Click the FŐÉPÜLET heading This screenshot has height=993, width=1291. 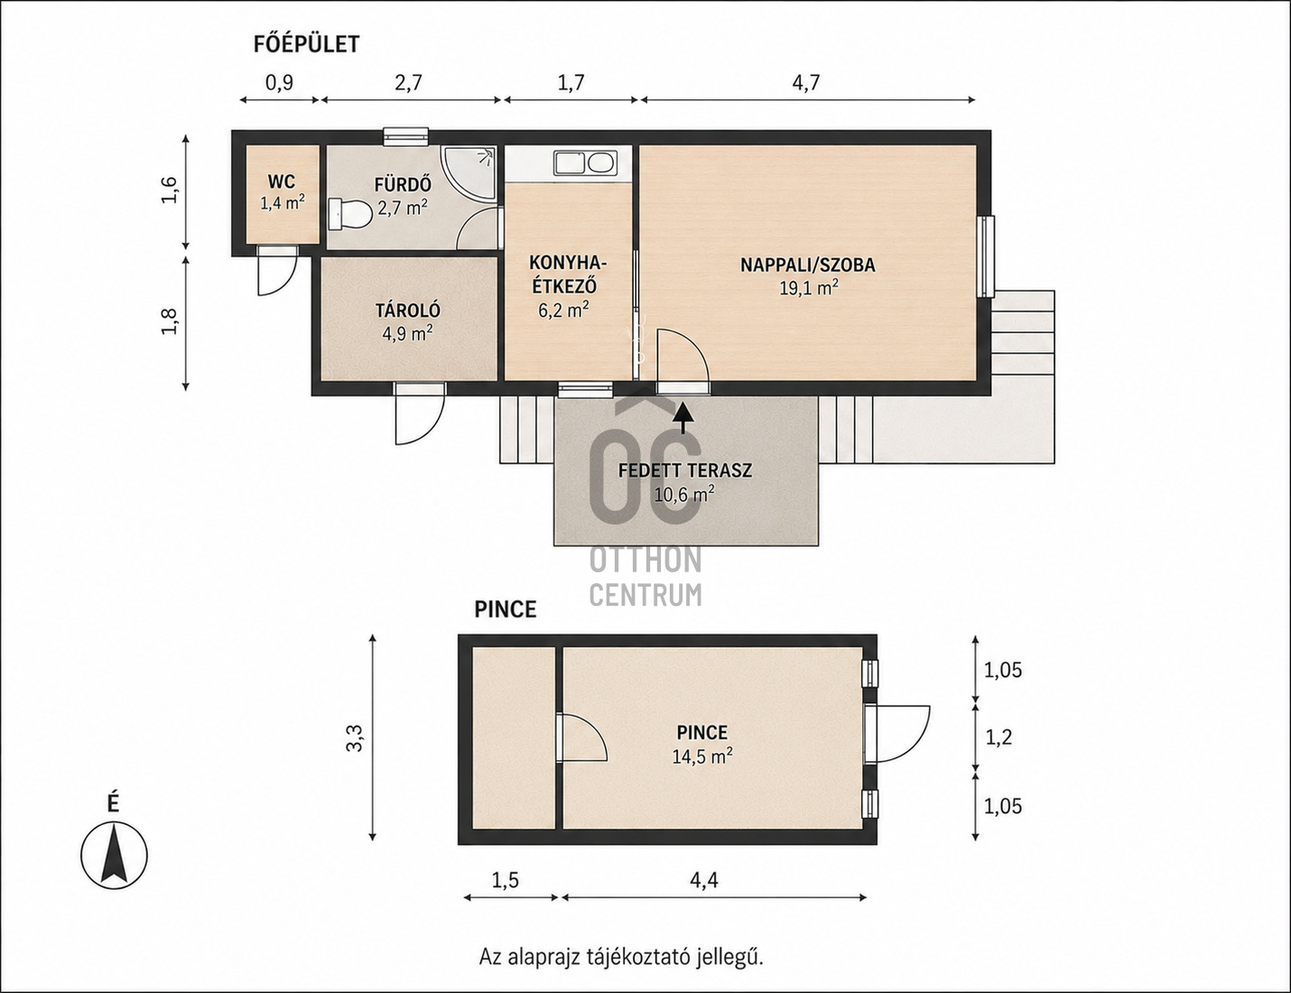pos(307,44)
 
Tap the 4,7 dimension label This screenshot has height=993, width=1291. pos(805,82)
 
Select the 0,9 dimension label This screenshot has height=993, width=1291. pos(279,82)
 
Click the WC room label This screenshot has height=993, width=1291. pos(282,181)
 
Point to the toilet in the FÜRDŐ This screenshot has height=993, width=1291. pos(349,213)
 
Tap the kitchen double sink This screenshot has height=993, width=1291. pos(585,162)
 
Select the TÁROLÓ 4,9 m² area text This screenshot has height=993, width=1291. pos(407,333)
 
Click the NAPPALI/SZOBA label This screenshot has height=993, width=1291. pos(807,264)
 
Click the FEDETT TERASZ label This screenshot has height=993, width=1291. pos(685,470)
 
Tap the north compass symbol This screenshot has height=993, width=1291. pos(114,856)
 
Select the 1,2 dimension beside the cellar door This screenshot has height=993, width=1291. pos(998,737)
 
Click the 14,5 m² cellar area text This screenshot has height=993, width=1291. pos(702,756)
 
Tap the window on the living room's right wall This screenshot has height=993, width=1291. pos(986,256)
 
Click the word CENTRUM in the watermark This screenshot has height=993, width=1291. pos(645,596)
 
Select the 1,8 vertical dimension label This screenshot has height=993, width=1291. pos(170,321)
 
